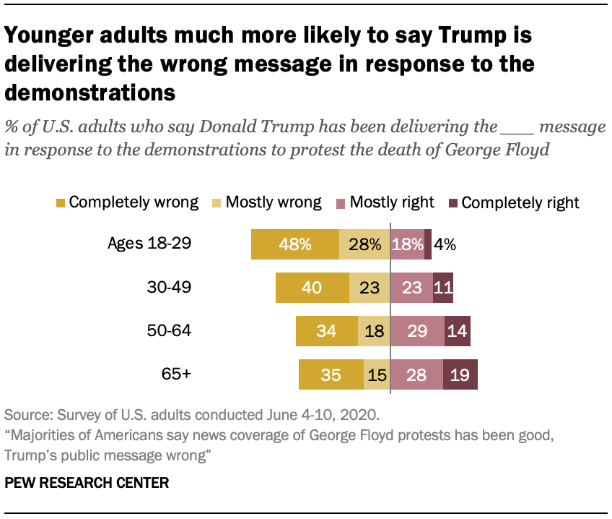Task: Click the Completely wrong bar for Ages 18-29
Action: pyautogui.click(x=294, y=244)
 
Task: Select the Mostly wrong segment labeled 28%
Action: pyautogui.click(x=364, y=244)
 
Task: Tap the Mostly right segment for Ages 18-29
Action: pyautogui.click(x=407, y=244)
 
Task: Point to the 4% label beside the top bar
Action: pyautogui.click(x=445, y=244)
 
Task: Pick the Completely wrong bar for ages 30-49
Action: pyautogui.click(x=312, y=288)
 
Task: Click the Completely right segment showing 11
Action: pyautogui.click(x=443, y=288)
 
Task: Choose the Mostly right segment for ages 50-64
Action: pyautogui.click(x=417, y=331)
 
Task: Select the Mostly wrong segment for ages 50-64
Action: pyautogui.click(x=374, y=331)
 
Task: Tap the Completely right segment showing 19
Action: pyautogui.click(x=460, y=374)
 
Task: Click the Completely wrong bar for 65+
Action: pyautogui.click(x=331, y=374)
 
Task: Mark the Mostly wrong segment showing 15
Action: pyautogui.click(x=377, y=374)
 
